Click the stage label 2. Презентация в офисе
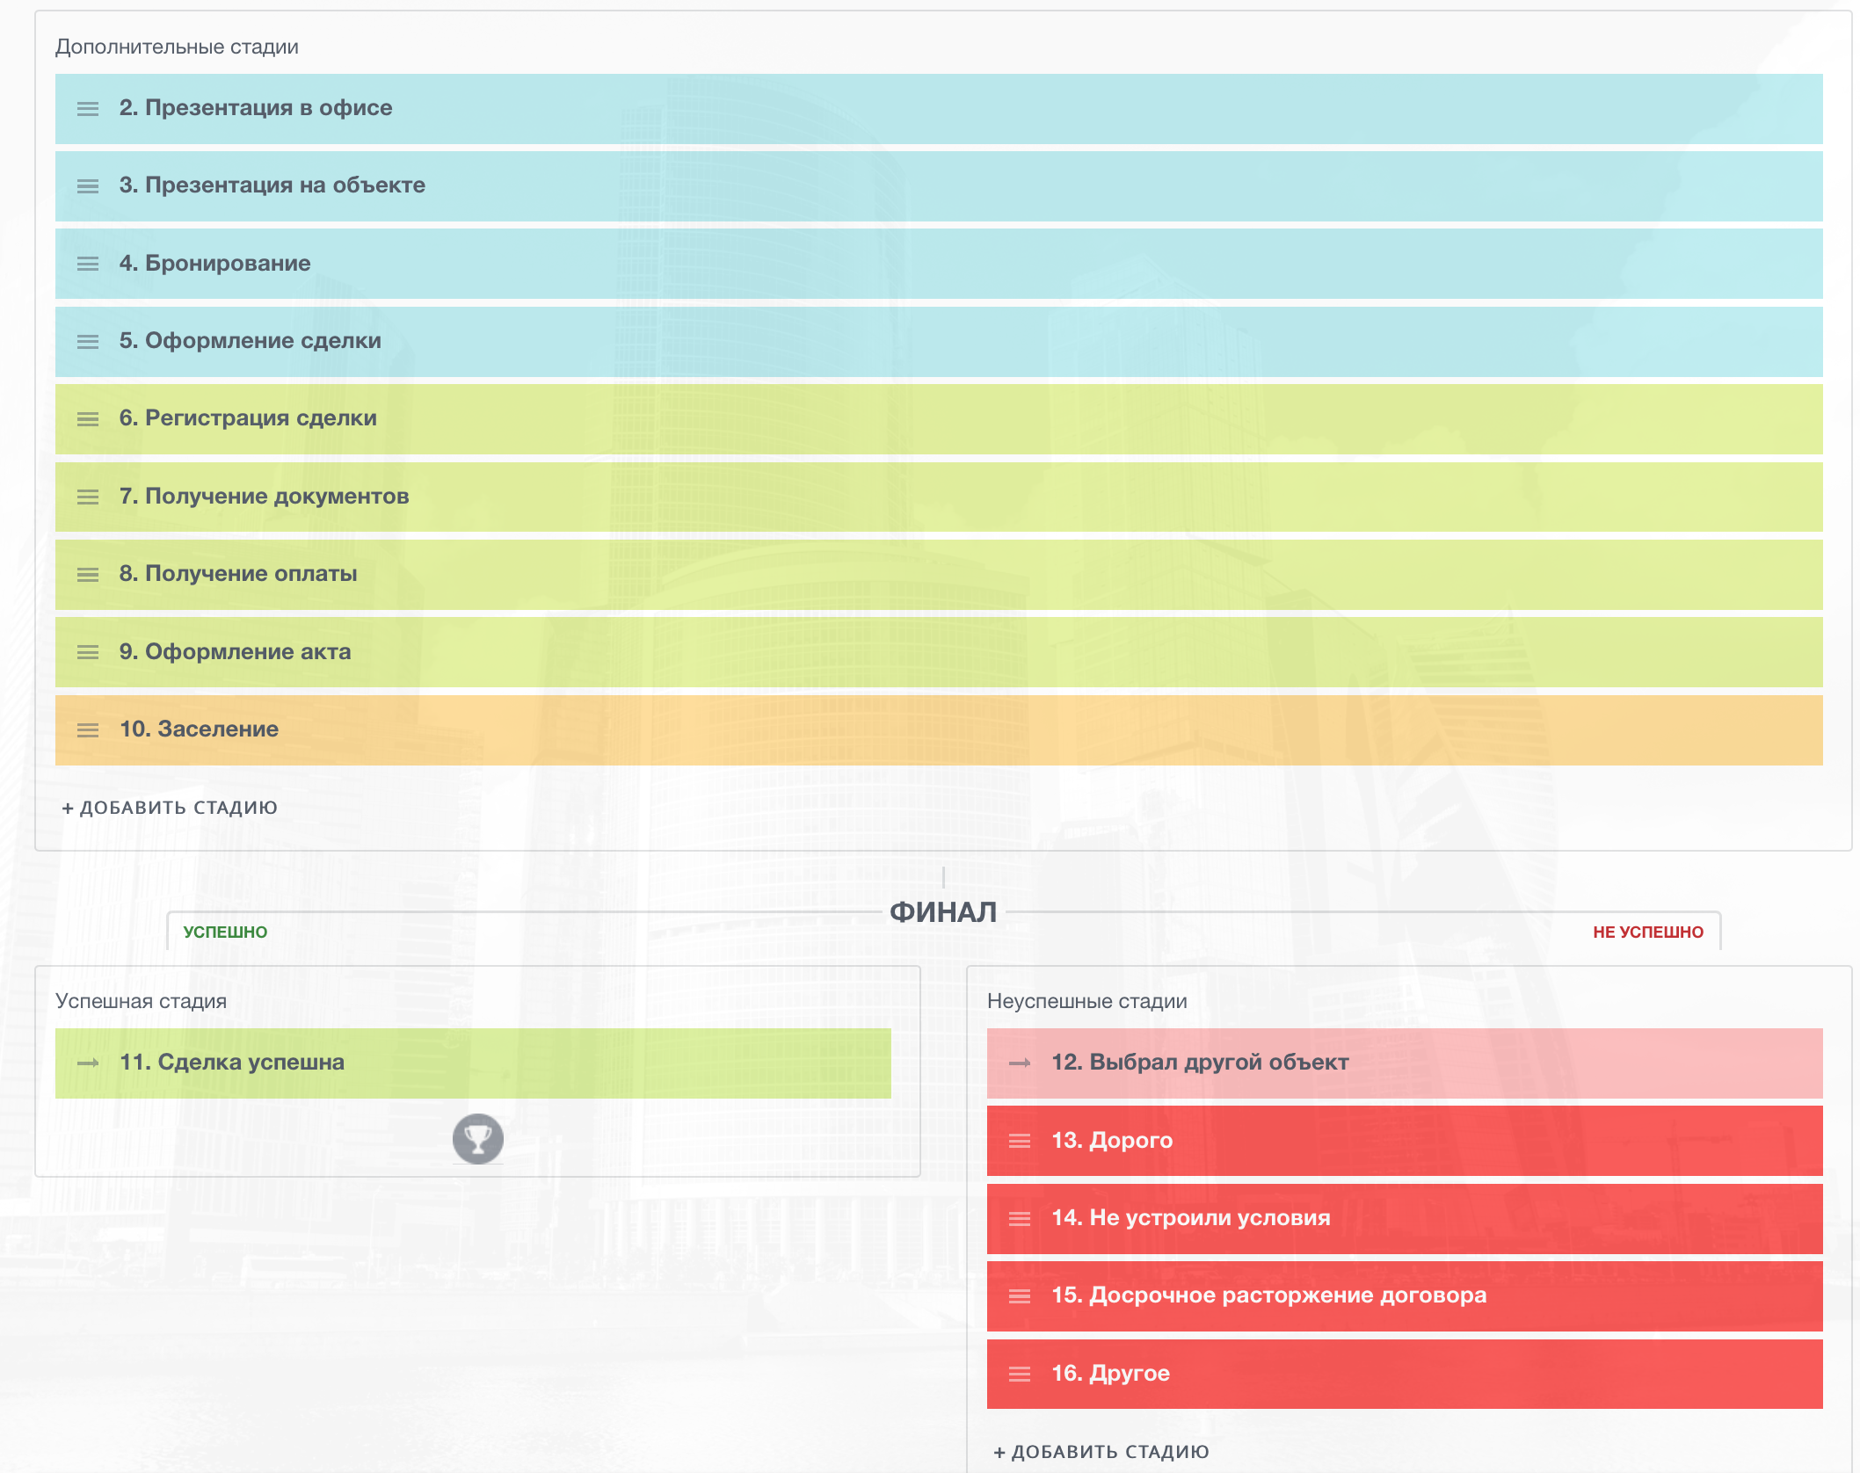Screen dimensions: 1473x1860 click(256, 108)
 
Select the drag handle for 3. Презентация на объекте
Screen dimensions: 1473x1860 click(88, 186)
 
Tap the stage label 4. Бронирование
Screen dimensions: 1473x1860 click(215, 264)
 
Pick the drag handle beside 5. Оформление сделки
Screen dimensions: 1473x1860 click(88, 342)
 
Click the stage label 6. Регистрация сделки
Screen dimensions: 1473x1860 click(248, 418)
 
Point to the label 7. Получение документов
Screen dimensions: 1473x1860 click(264, 497)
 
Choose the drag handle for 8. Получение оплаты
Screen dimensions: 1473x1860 click(88, 575)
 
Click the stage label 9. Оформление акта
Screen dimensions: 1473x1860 click(235, 652)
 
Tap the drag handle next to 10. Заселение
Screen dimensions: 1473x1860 click(88, 730)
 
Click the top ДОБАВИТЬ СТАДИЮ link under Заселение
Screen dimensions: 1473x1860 click(171, 808)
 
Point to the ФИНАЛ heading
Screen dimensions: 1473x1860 click(943, 912)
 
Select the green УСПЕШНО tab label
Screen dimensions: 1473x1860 click(225, 932)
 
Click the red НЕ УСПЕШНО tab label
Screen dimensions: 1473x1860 click(1648, 932)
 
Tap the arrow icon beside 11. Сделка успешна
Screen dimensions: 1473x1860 click(88, 1063)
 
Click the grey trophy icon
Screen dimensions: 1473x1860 click(478, 1139)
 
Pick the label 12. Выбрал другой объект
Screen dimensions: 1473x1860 click(1200, 1063)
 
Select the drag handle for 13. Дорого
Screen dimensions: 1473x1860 click(1020, 1141)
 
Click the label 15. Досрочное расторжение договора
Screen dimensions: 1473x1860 click(1268, 1295)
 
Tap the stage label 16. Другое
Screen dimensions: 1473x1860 click(1110, 1374)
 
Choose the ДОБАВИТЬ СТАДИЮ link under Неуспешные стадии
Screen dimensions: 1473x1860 click(1102, 1452)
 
